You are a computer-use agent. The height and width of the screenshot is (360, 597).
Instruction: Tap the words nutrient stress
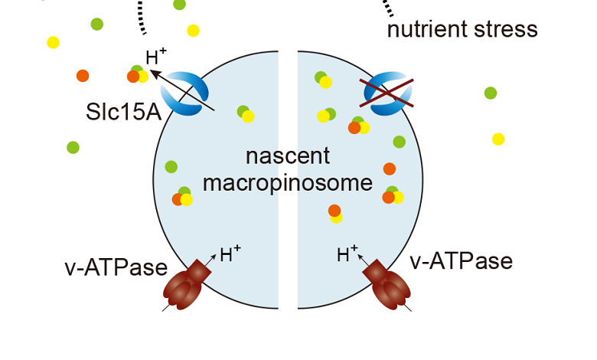coord(462,30)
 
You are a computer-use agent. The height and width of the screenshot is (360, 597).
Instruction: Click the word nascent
coord(288,157)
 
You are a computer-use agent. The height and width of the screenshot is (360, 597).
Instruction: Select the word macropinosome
coord(288,184)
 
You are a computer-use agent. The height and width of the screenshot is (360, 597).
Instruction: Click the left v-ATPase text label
coord(116,267)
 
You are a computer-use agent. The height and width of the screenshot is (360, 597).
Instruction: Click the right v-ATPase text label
coord(461,261)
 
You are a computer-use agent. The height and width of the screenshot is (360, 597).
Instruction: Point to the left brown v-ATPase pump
coord(187,285)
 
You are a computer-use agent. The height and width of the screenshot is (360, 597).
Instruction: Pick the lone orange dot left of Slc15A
coord(83,75)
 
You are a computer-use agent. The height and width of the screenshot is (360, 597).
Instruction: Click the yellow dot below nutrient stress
coord(498,139)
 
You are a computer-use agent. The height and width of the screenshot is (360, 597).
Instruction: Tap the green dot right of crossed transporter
coord(491,93)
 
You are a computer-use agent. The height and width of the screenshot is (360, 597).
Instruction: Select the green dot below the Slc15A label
coord(73,147)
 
